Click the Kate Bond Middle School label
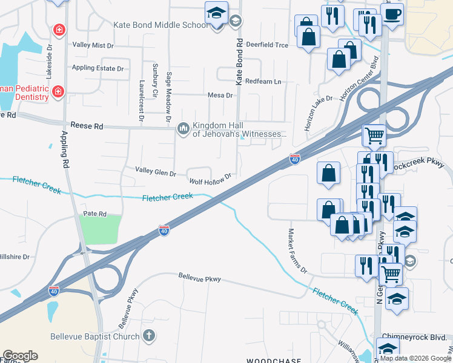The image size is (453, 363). pos(161,25)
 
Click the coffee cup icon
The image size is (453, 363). pos(392,14)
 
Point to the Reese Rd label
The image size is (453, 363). pos(87,126)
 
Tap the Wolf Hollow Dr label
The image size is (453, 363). pos(211,180)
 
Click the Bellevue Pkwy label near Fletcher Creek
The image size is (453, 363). pos(200,279)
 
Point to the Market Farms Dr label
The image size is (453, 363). pos(297,250)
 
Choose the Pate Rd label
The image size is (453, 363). pos(94,214)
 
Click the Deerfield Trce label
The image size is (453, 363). pos(267,45)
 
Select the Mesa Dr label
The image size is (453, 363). pos(220,95)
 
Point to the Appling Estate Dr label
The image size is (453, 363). pos(98,68)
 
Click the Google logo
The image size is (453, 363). pos(20,356)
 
